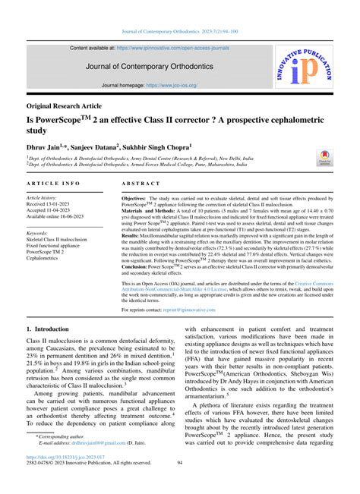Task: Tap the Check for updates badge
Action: click(x=324, y=157)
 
